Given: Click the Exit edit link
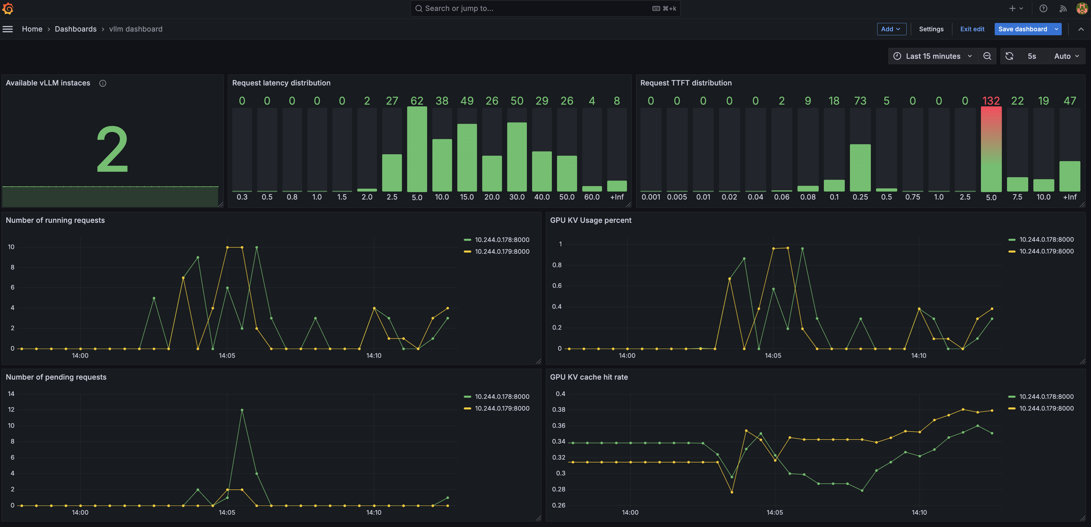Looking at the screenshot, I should point(972,29).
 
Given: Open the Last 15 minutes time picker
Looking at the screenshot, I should point(932,56).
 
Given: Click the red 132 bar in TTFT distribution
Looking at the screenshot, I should point(991,149).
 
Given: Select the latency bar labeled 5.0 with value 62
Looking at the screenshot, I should point(417,149).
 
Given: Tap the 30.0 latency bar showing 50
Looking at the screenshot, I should point(517,157).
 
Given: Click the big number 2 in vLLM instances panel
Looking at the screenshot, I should point(112,149).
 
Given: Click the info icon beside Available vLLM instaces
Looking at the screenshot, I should point(103,83).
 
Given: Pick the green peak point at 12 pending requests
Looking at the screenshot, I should point(242,410).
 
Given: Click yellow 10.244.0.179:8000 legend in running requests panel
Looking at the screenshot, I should point(502,251).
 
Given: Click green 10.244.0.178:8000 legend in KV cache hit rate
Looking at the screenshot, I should point(1046,397).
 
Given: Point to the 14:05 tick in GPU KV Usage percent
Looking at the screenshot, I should point(773,356).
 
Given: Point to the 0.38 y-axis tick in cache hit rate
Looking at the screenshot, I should point(559,409).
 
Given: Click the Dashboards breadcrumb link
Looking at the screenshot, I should point(75,29).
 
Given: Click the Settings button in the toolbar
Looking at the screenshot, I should point(931,29).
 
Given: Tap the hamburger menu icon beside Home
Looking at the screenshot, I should point(8,29).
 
